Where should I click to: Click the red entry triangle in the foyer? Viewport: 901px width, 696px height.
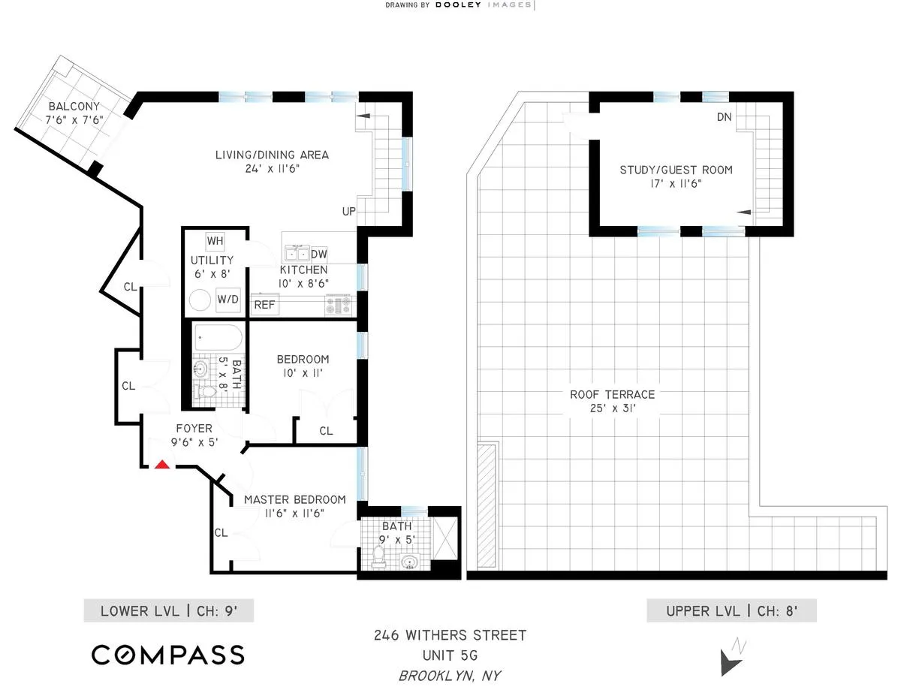161,465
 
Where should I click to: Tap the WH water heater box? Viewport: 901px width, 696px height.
215,241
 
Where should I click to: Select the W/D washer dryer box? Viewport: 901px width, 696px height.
228,300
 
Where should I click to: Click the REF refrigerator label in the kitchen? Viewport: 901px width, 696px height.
264,305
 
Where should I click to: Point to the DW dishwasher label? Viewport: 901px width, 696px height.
318,254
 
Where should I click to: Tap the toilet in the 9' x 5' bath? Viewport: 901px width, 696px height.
379,555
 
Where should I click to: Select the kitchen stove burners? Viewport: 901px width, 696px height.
337,305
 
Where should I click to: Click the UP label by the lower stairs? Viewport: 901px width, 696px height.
349,212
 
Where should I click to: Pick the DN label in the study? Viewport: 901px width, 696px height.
724,117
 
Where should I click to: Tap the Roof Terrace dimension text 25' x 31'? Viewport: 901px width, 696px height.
612,409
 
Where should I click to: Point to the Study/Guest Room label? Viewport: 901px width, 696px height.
676,170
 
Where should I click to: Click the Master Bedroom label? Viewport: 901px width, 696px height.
294,499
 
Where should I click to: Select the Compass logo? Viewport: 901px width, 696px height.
168,654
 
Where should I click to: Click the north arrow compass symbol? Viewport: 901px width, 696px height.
731,658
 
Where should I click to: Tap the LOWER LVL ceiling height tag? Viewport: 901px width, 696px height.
169,611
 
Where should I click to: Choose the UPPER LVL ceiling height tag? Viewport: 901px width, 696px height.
731,611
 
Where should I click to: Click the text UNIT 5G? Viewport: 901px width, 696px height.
450,655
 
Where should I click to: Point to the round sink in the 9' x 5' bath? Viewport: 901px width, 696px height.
410,562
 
